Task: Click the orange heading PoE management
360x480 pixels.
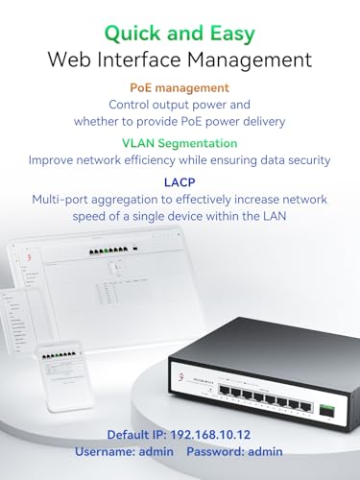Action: coord(180,86)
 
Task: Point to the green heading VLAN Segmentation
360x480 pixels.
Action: coord(180,142)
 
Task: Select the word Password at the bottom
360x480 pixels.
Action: coord(218,450)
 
